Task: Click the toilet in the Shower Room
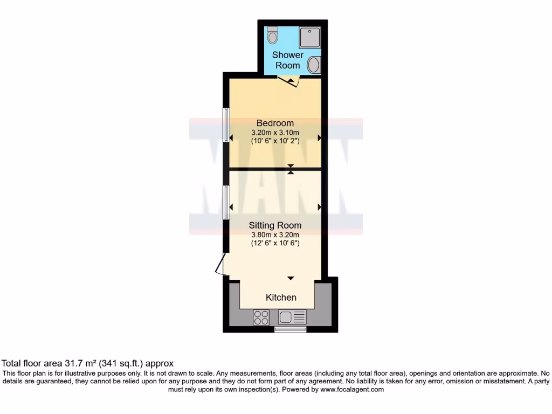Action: (273, 35)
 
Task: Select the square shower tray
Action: (310, 37)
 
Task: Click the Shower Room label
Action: (288, 60)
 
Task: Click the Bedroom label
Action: (275, 123)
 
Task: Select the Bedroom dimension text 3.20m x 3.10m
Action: (275, 132)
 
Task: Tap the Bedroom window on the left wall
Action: (226, 124)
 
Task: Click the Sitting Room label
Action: (275, 225)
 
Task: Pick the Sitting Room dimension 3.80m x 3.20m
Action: (275, 234)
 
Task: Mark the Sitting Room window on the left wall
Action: (226, 202)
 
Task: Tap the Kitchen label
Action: (281, 298)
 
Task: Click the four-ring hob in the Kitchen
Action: (261, 318)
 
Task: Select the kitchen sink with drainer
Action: (292, 318)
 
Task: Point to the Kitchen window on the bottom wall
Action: (290, 329)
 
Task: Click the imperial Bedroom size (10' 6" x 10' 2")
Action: (275, 141)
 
